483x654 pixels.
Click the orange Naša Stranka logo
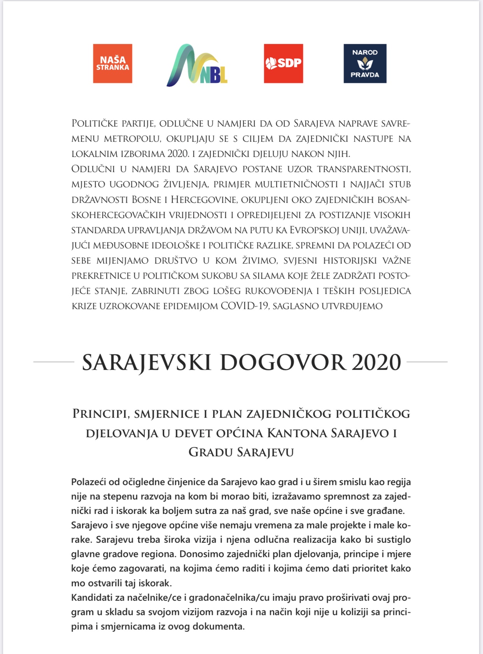[112, 63]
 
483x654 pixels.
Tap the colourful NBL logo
[197, 65]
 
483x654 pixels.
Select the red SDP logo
[283, 63]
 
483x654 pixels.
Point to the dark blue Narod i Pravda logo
[365, 63]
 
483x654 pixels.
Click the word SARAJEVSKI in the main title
[146, 362]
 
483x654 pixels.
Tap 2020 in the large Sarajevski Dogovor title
[376, 362]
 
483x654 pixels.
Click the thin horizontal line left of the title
[54, 362]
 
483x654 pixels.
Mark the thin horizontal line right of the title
[427, 362]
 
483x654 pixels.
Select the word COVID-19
[245, 306]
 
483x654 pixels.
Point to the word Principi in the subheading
[101, 414]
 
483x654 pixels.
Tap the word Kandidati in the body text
[90, 598]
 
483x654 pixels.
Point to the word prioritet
[370, 568]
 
